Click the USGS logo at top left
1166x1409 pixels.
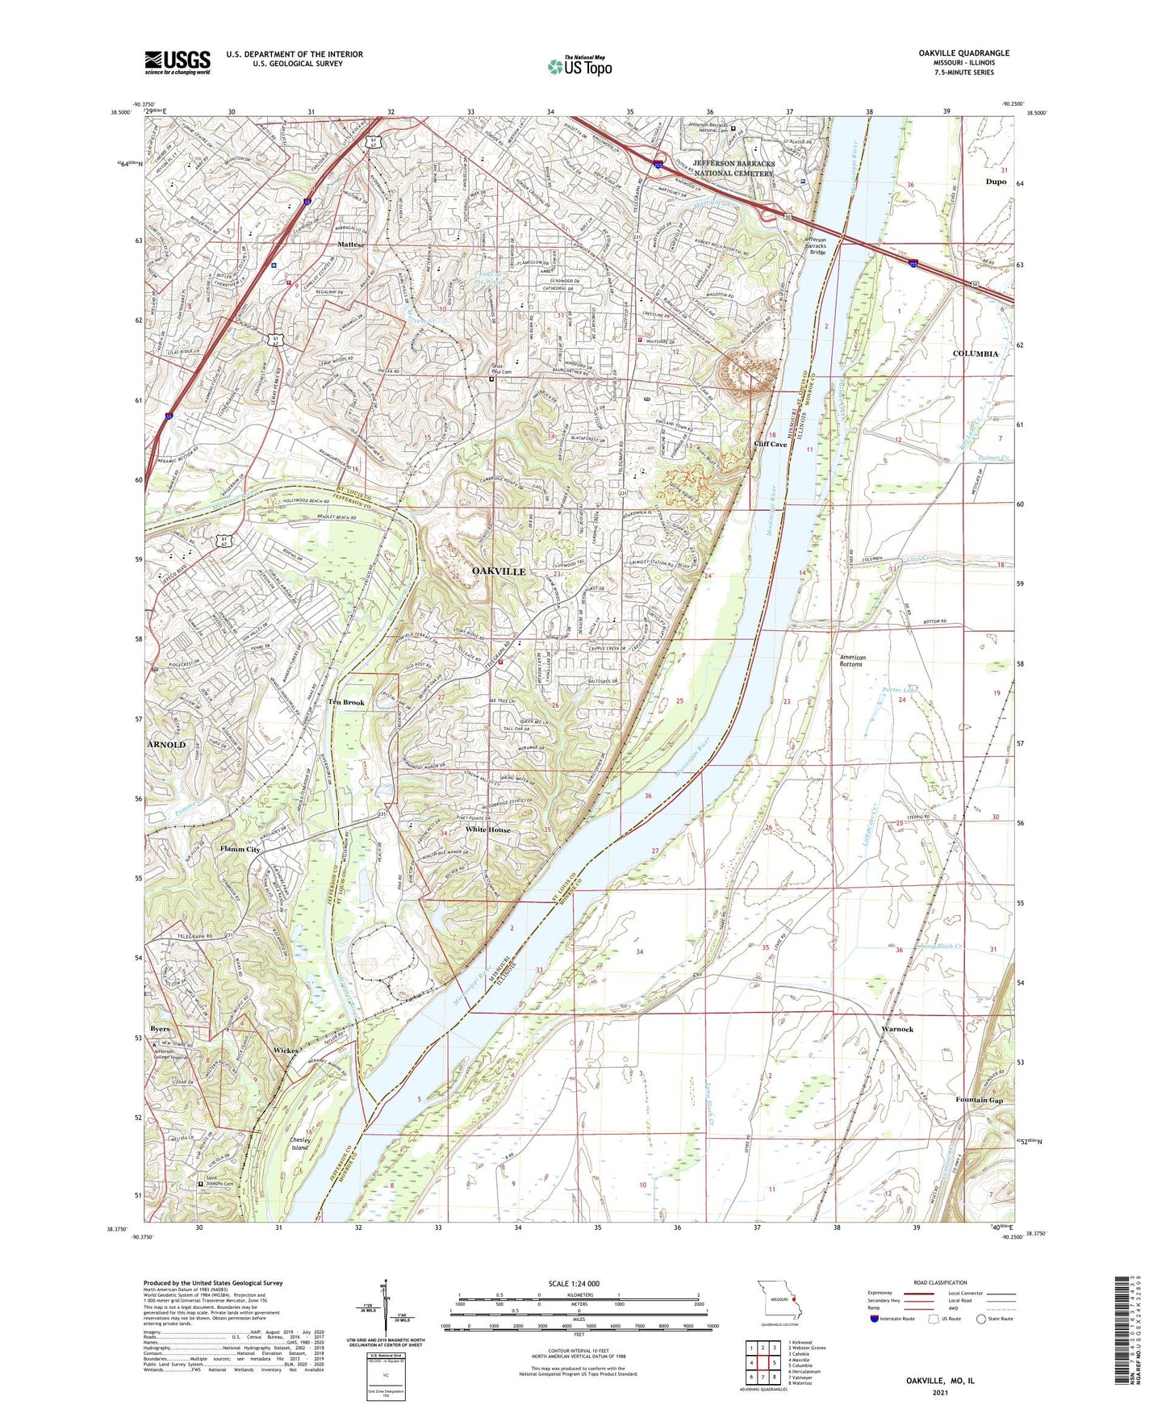177,62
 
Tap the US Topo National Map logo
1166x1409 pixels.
579,65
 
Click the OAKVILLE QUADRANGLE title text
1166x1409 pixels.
963,53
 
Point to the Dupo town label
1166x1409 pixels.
996,182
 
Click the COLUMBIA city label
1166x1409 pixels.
975,354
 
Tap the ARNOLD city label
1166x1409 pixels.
166,744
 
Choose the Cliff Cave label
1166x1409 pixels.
770,445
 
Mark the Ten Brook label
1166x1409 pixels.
345,702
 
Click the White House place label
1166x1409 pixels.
487,830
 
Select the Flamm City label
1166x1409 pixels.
240,849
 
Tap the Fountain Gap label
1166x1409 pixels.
979,1100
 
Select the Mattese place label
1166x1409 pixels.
351,244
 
